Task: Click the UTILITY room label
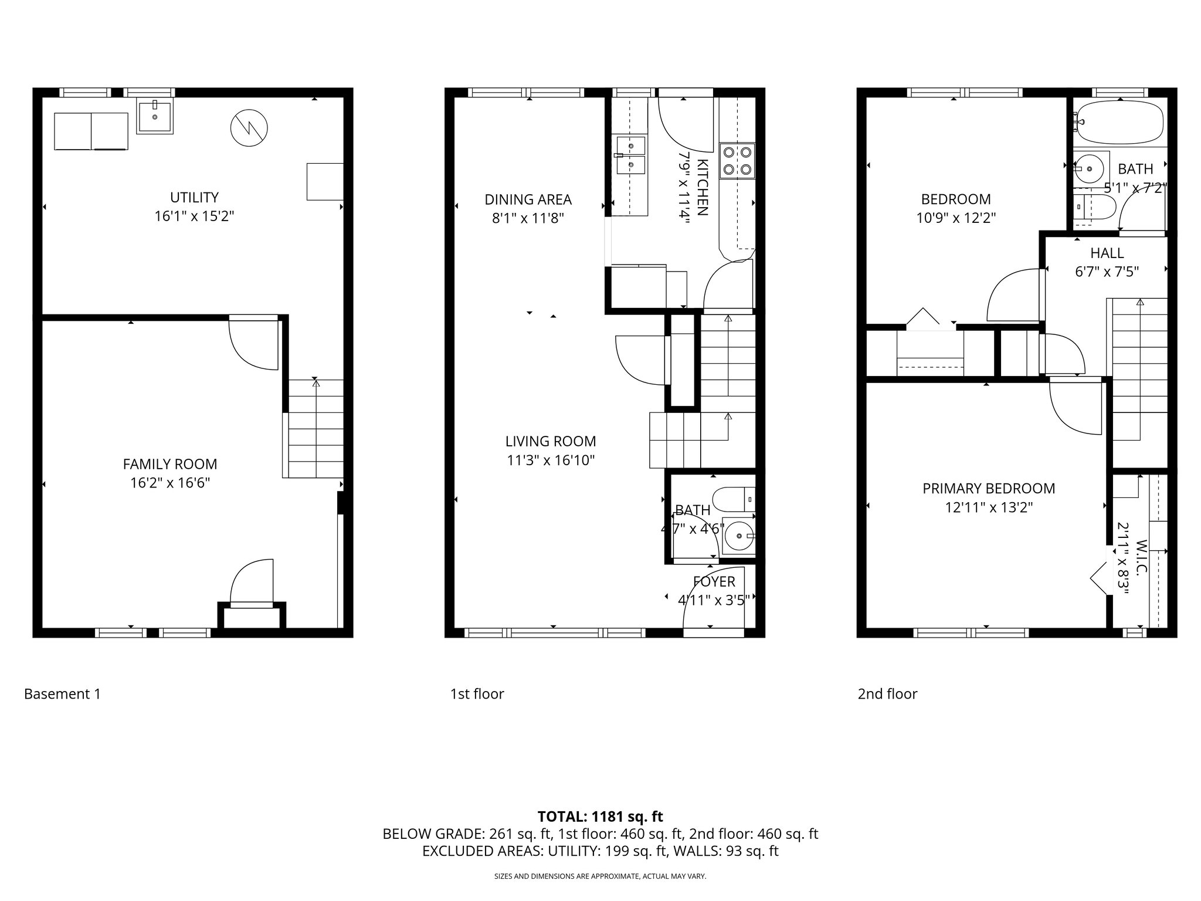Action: pyautogui.click(x=194, y=197)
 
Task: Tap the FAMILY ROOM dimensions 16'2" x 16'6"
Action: pyautogui.click(x=170, y=483)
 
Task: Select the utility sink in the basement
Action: pyautogui.click(x=155, y=117)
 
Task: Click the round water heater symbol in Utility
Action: pyautogui.click(x=249, y=128)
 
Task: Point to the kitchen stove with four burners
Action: pyautogui.click(x=737, y=161)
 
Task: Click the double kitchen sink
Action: pyautogui.click(x=630, y=155)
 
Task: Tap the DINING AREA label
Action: pyautogui.click(x=528, y=199)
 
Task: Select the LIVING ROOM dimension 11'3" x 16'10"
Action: pyautogui.click(x=551, y=460)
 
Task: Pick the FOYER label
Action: pyautogui.click(x=714, y=581)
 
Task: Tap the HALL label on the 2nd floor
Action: pyautogui.click(x=1107, y=253)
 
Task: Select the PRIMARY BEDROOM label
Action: pyautogui.click(x=989, y=488)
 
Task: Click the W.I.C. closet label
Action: pyautogui.click(x=1141, y=557)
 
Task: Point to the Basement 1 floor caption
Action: pyautogui.click(x=62, y=694)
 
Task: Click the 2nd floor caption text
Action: pyautogui.click(x=887, y=694)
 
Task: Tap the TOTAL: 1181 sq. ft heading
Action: pyautogui.click(x=600, y=816)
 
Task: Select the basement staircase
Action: pyautogui.click(x=315, y=428)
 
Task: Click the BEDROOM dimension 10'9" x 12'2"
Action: pyautogui.click(x=956, y=218)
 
